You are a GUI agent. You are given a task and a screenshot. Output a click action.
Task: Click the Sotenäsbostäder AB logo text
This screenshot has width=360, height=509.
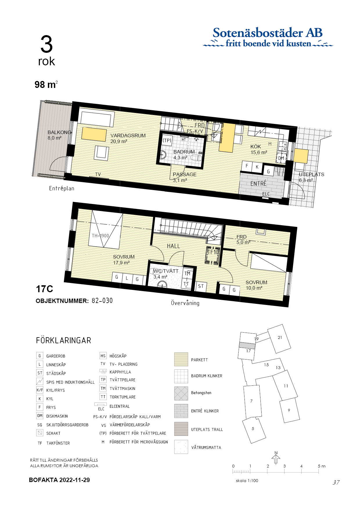coord(267,33)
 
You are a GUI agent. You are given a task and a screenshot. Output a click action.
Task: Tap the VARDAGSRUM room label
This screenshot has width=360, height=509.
coord(128,136)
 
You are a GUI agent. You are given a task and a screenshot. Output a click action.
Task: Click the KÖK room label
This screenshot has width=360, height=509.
coord(256,147)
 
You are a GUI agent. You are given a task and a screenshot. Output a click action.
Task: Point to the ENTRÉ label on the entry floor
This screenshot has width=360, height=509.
coord(258,184)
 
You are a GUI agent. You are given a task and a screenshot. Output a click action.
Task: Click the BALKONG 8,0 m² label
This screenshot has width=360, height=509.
coord(59,135)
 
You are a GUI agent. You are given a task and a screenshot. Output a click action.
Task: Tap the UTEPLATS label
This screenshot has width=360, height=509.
coord(311,175)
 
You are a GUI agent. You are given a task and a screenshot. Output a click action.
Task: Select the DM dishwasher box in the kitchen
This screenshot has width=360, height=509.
coord(281,158)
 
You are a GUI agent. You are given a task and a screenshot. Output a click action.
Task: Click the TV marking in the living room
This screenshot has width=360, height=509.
coord(98,174)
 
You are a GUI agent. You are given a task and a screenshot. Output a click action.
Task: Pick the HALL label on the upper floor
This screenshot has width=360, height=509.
coord(173,246)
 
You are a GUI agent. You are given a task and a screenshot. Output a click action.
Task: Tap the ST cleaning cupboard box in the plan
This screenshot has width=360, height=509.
coord(201,286)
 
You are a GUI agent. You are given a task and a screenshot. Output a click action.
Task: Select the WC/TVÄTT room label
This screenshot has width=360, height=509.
coord(166,271)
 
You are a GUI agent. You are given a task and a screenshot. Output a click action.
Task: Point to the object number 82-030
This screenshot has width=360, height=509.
coord(102,301)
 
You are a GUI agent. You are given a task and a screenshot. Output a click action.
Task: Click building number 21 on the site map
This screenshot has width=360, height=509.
coord(280,337)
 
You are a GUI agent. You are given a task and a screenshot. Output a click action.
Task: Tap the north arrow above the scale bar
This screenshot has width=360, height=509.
coord(276,459)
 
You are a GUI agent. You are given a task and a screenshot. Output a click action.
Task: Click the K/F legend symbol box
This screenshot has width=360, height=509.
coord(40,390)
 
